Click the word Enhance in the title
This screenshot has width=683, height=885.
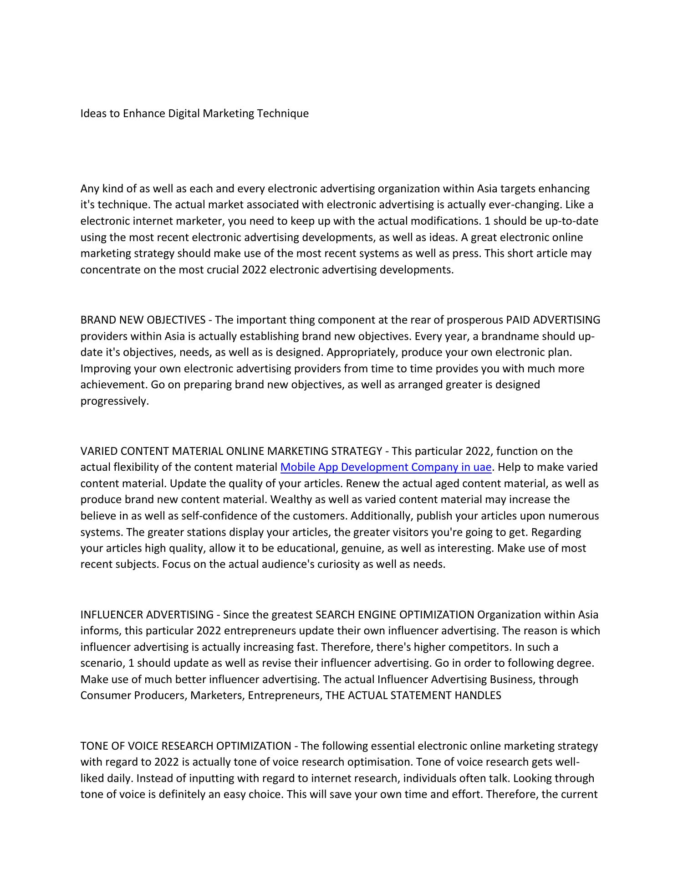[x=144, y=113]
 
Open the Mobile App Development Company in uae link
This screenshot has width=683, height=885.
[x=386, y=467]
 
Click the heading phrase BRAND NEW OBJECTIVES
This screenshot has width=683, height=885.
[x=143, y=320]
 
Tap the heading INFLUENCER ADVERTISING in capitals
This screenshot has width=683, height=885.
[x=147, y=615]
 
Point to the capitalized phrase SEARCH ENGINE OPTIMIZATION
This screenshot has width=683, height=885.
[x=395, y=615]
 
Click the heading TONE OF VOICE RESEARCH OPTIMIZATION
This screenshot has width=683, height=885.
[x=186, y=746]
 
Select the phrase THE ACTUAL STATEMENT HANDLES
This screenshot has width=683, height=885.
[x=413, y=695]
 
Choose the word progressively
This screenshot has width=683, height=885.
[x=115, y=401]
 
